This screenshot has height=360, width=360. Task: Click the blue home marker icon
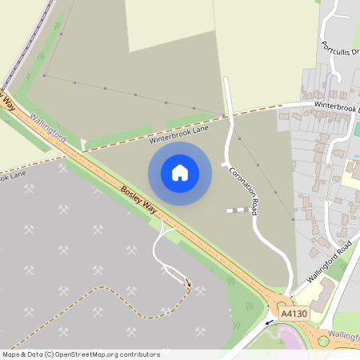[x=179, y=172]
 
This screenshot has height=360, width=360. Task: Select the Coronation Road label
[x=245, y=190]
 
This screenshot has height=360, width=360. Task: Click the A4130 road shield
[x=293, y=314]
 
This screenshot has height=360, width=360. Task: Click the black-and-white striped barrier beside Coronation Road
[x=237, y=210]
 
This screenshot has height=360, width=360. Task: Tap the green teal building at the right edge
[x=357, y=129]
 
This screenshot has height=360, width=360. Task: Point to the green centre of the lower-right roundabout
[x=323, y=341]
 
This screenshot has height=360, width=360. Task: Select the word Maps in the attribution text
[x=11, y=354]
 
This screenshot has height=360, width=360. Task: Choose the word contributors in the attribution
[x=141, y=354]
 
